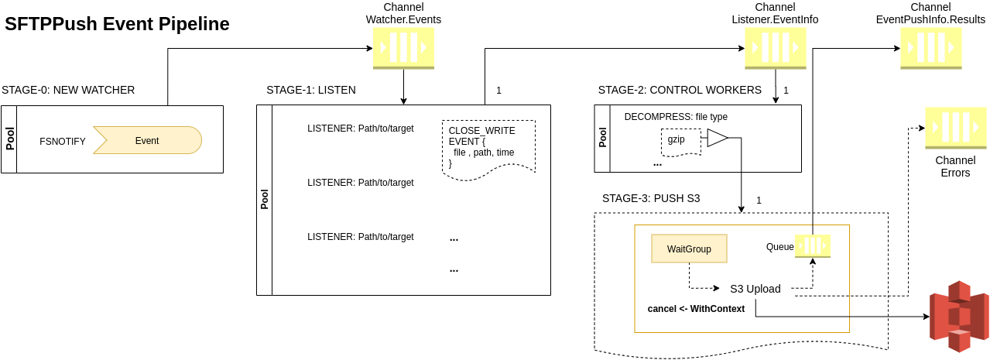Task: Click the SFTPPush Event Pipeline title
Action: click(x=117, y=24)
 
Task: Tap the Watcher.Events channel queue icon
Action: click(x=403, y=48)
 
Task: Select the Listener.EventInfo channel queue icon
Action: click(x=775, y=48)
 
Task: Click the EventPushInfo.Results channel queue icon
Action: click(x=930, y=48)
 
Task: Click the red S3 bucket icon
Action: click(x=959, y=317)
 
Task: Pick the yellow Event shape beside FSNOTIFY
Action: click(x=147, y=140)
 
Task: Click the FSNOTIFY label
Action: click(x=63, y=141)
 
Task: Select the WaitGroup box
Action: click(x=689, y=249)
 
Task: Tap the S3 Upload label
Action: click(x=755, y=289)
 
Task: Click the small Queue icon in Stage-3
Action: click(x=813, y=245)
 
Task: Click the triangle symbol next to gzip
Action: click(x=717, y=139)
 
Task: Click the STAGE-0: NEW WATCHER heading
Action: click(x=68, y=90)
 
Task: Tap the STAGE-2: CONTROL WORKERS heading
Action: click(x=680, y=90)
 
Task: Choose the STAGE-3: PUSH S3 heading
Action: click(x=651, y=198)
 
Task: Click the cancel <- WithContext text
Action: click(x=696, y=309)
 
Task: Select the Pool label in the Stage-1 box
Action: click(x=264, y=200)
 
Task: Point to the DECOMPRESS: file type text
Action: click(x=676, y=117)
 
